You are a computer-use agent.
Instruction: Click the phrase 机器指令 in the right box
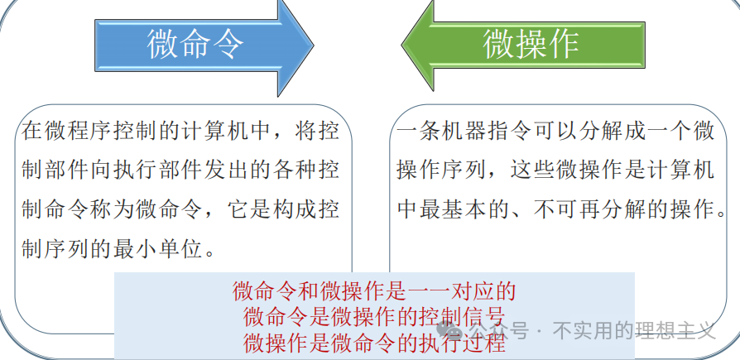[x=474, y=131]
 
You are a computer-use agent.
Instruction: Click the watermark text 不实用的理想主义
[x=634, y=330]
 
